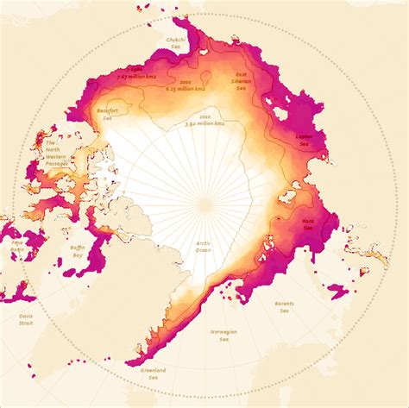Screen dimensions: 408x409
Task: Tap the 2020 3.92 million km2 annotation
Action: point(204,121)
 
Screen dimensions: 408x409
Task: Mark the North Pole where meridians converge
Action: point(204,204)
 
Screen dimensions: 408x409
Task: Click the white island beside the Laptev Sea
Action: point(277,110)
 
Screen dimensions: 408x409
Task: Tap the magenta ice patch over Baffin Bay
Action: point(99,250)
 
